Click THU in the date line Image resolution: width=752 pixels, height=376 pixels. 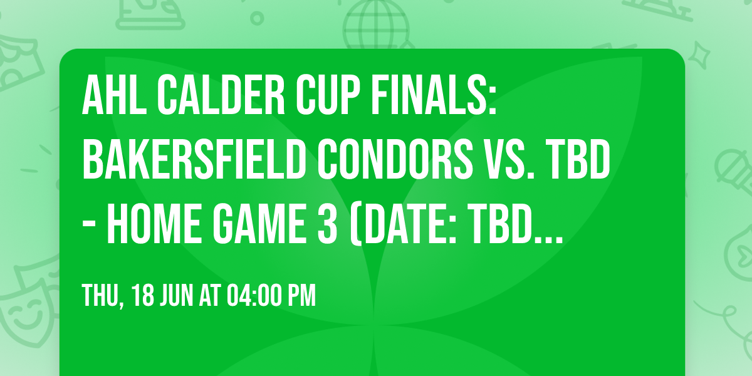coord(101,296)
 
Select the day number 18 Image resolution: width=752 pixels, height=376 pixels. coord(144,296)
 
